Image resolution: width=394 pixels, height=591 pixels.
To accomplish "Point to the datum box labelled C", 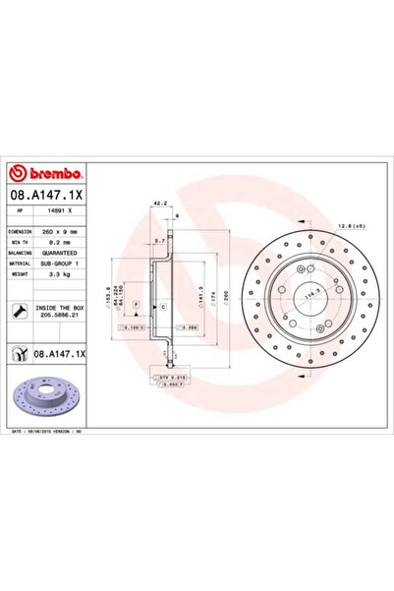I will (163, 308).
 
